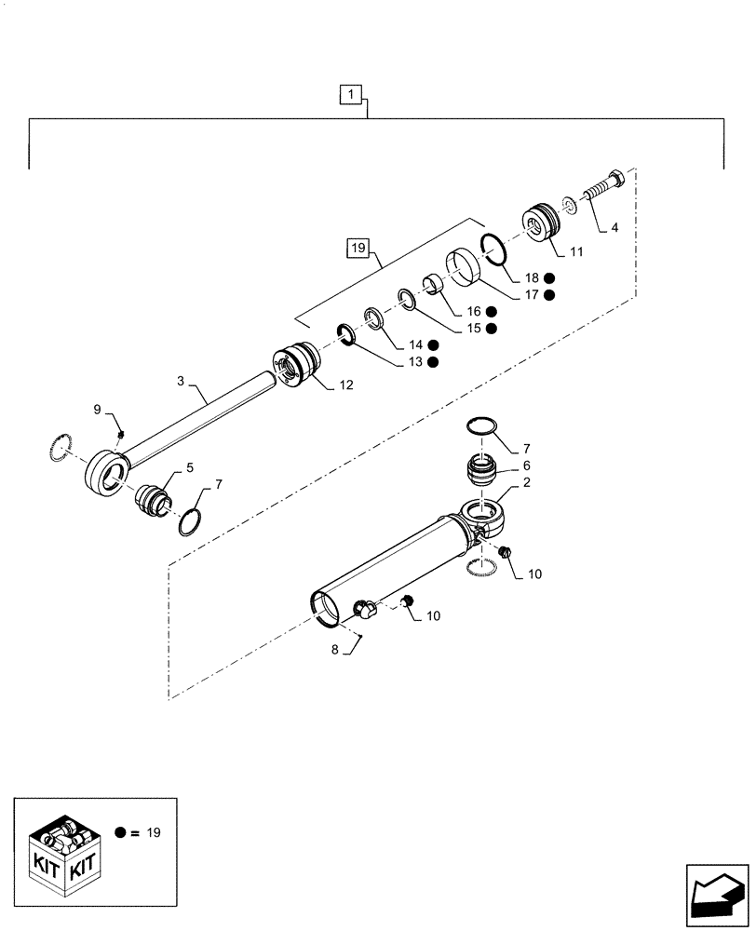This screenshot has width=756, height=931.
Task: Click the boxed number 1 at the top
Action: tap(349, 94)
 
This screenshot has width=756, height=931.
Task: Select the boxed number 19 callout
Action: tap(358, 248)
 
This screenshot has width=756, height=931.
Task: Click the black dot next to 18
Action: tap(550, 278)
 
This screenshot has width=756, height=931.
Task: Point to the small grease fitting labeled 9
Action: tap(121, 433)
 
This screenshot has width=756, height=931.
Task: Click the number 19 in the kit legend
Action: tap(153, 832)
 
